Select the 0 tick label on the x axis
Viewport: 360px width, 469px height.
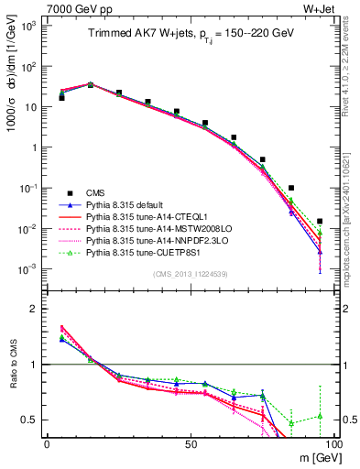[47, 443]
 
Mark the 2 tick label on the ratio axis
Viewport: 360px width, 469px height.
[36, 309]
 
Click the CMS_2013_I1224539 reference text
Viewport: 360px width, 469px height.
[190, 273]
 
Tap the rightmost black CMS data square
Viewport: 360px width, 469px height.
[320, 221]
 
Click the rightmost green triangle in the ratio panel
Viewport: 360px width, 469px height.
[320, 416]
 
